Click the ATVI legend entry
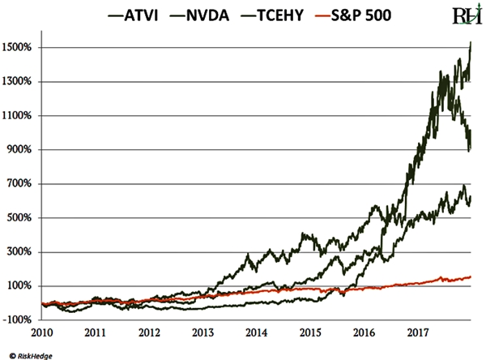coord(143,15)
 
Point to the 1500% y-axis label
coord(17,47)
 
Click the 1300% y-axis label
coord(17,81)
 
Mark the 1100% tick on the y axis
coord(17,115)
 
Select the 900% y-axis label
coord(19,149)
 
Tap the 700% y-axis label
coord(19,183)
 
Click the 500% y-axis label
coord(19,217)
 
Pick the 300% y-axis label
coord(19,251)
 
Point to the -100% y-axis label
coord(17,319)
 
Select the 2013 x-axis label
coord(202,332)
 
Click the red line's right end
coord(471,276)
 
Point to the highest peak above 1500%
coord(471,42)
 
